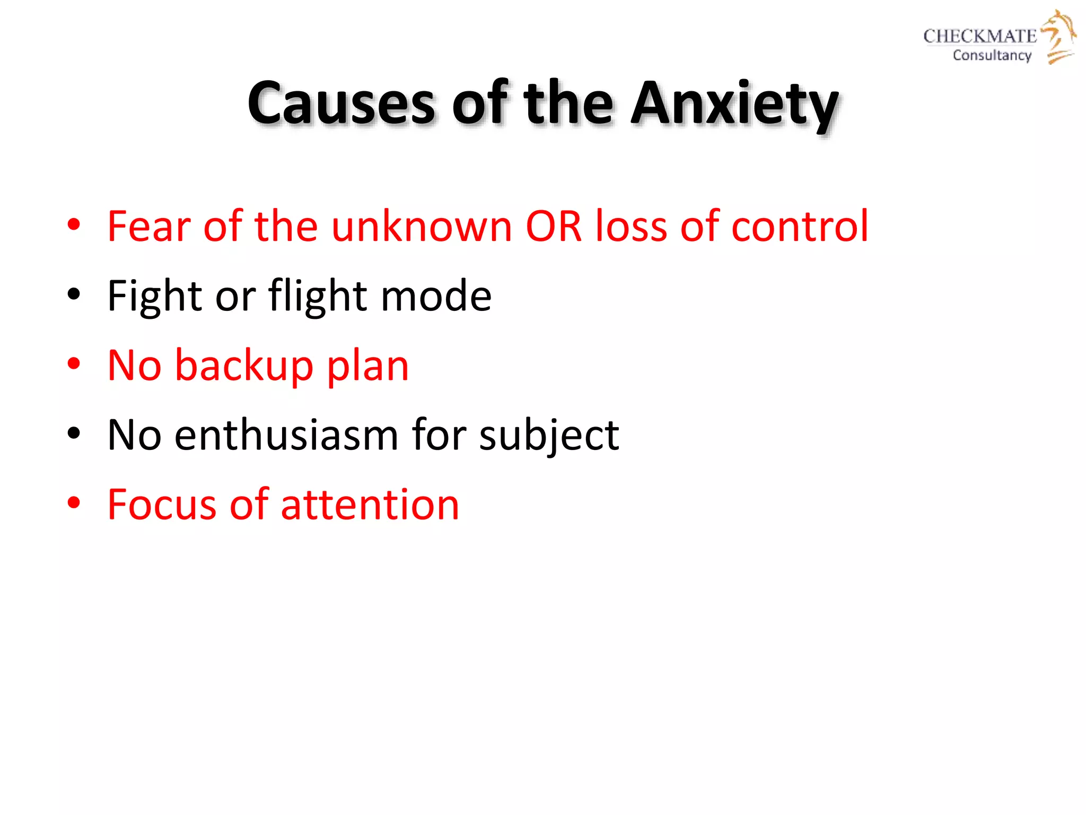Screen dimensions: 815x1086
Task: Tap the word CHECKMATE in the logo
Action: pos(979,36)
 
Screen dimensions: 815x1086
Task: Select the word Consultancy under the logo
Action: pos(992,55)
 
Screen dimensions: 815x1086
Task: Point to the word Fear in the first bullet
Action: pos(148,227)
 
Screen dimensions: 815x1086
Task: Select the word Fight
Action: pos(154,296)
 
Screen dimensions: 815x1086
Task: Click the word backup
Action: pos(244,366)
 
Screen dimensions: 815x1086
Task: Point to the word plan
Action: pos(367,366)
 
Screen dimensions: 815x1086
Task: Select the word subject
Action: pos(549,435)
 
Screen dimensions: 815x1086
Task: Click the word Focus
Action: pos(162,505)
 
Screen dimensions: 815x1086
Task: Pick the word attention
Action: pos(370,505)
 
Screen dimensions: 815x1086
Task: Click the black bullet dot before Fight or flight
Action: pos(74,295)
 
